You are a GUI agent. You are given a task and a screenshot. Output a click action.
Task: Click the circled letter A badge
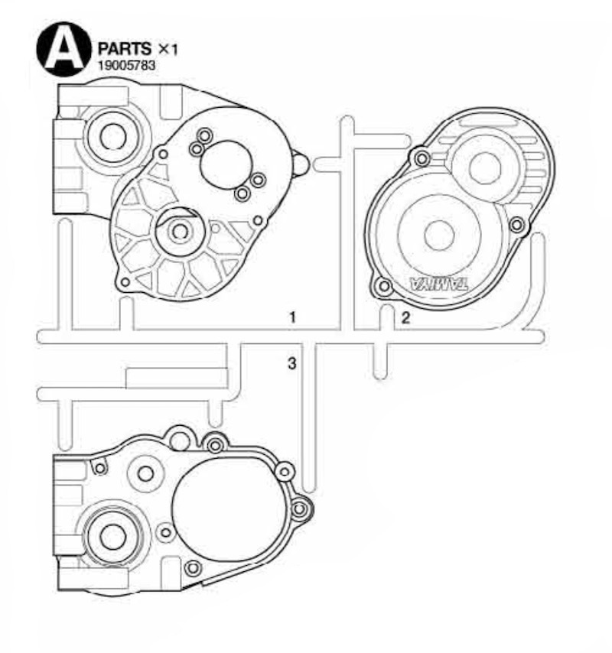click(63, 49)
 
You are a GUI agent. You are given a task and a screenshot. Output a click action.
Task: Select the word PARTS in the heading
click(125, 50)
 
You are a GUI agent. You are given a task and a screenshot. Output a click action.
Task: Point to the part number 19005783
click(126, 67)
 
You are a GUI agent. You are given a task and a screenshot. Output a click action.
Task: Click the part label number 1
click(291, 316)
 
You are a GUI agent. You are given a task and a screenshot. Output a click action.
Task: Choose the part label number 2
click(406, 319)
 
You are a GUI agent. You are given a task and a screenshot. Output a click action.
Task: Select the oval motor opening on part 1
click(224, 164)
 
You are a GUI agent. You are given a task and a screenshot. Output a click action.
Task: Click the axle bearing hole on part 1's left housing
click(112, 137)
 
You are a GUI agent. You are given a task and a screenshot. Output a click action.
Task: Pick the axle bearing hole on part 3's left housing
click(112, 537)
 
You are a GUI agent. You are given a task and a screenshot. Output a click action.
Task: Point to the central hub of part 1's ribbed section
click(181, 230)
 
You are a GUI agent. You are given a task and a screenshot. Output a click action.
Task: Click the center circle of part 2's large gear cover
click(439, 234)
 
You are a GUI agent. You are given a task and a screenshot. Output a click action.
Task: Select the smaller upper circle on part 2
click(484, 168)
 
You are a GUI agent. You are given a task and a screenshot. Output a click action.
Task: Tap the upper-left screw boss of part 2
click(420, 158)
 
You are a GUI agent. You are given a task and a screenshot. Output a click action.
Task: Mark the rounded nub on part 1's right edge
click(300, 162)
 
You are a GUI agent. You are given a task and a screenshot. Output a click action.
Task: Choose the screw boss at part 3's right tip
click(300, 508)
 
